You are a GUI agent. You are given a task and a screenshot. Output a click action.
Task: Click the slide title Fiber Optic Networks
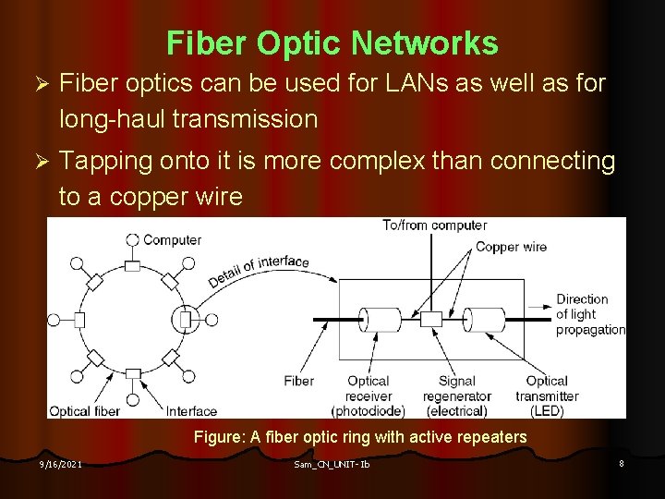[332, 43]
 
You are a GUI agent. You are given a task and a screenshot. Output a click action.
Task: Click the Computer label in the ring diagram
[172, 240]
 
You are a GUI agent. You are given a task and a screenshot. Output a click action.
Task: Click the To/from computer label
[435, 225]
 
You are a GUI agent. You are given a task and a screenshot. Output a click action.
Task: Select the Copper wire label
[511, 247]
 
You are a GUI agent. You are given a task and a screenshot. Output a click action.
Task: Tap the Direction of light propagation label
[588, 314]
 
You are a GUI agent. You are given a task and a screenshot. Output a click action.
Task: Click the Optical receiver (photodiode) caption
[369, 396]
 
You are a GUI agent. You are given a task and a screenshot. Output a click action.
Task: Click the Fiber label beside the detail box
[298, 381]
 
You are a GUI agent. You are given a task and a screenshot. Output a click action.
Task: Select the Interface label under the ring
[191, 411]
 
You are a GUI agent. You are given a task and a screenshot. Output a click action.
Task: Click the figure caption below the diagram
[360, 437]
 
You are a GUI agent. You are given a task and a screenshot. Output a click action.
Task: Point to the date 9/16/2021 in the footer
[59, 463]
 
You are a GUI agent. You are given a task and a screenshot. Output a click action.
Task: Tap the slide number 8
[622, 462]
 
